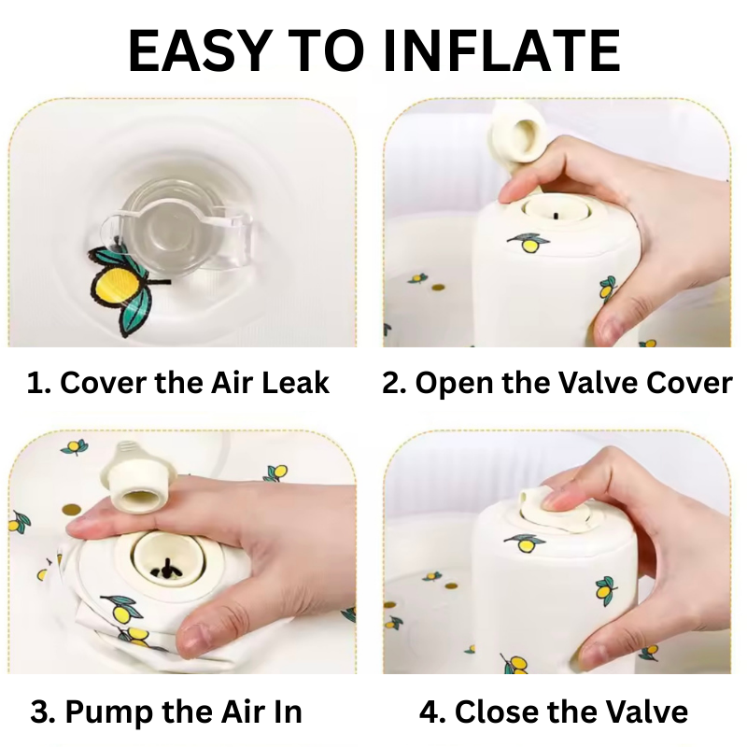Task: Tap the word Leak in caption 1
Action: [295, 383]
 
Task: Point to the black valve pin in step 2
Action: [556, 216]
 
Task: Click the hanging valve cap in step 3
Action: [134, 479]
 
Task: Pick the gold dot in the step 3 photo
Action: [71, 509]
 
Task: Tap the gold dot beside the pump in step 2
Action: [438, 288]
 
